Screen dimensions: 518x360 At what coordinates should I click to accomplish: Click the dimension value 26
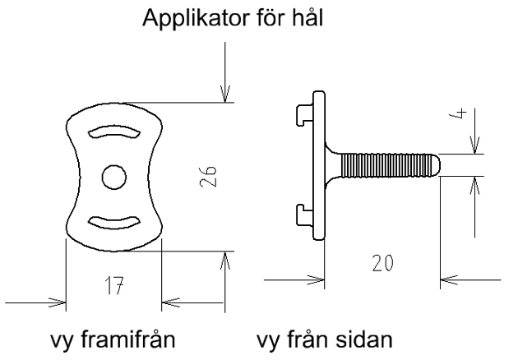[209, 176]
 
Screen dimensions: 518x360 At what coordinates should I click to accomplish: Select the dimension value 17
[114, 285]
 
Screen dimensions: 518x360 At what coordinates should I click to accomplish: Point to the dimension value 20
[383, 263]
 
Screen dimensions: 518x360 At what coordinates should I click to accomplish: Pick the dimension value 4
[458, 113]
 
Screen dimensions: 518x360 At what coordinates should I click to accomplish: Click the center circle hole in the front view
[114, 178]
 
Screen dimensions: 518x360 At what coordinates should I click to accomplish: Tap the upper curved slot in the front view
[114, 132]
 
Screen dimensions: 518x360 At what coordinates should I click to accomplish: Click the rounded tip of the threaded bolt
[436, 164]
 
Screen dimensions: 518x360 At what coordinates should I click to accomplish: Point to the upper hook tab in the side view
[304, 114]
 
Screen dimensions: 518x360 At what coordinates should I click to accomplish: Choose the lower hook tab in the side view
[304, 215]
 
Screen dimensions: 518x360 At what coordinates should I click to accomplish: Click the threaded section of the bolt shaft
[386, 165]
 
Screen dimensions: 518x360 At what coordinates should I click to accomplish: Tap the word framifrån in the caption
[127, 339]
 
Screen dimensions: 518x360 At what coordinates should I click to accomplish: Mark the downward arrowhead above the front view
[225, 94]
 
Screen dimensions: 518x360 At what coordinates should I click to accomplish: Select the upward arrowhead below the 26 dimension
[225, 261]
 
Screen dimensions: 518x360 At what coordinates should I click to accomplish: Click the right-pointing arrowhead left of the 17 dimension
[58, 302]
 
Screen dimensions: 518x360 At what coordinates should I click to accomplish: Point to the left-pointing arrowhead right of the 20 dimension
[449, 280]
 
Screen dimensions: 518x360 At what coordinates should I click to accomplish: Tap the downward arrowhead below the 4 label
[475, 145]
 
